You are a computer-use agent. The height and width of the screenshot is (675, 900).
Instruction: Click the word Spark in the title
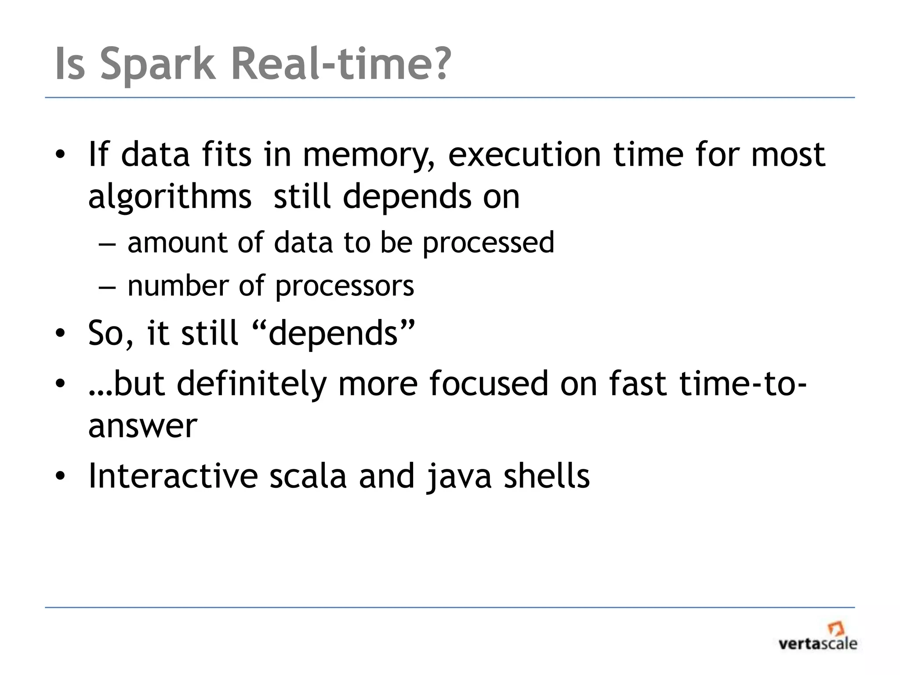pyautogui.click(x=158, y=65)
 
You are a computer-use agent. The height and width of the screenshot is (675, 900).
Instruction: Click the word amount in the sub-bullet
pyautogui.click(x=177, y=243)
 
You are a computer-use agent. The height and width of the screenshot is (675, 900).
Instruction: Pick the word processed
pyautogui.click(x=488, y=243)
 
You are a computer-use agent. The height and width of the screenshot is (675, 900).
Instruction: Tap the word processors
pyautogui.click(x=344, y=286)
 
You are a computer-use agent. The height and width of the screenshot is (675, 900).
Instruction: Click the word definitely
pyautogui.click(x=251, y=383)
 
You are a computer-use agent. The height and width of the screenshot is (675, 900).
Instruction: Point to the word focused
pyautogui.click(x=488, y=383)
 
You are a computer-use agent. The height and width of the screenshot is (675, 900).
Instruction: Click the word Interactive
pyautogui.click(x=173, y=476)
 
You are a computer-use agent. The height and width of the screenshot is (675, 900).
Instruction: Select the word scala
pyautogui.click(x=308, y=476)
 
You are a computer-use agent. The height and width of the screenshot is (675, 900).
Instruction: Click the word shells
pyautogui.click(x=546, y=476)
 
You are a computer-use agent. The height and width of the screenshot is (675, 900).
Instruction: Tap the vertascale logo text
pyautogui.click(x=818, y=644)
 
